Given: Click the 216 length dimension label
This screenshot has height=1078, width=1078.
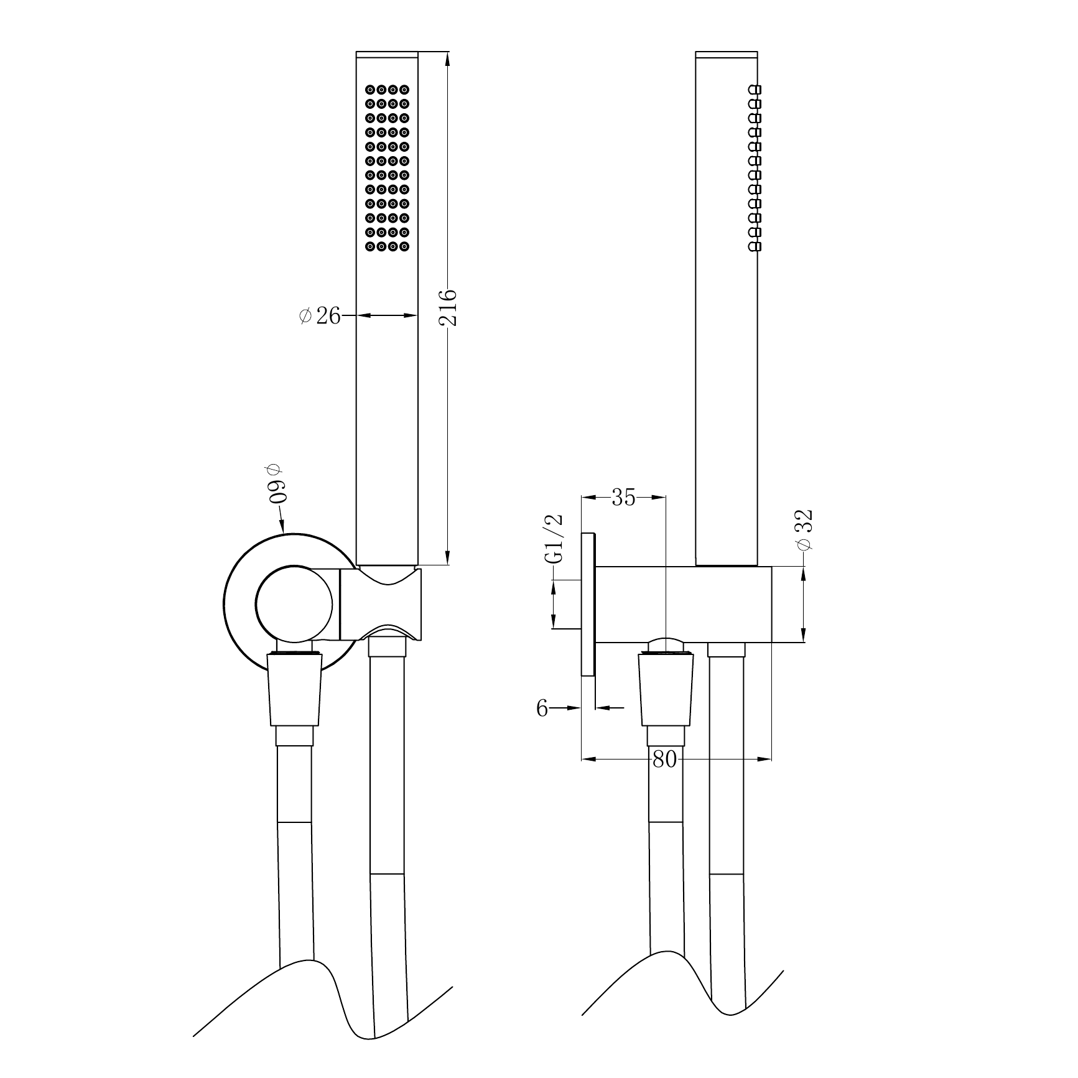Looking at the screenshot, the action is [x=448, y=307].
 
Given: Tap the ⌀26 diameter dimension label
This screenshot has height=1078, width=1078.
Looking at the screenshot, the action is [x=320, y=316].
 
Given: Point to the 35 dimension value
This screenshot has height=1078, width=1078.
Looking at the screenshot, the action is [x=623, y=497].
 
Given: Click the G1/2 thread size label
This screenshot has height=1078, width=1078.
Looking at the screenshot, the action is [x=554, y=539].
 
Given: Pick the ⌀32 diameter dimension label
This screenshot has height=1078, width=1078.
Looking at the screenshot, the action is [x=804, y=529].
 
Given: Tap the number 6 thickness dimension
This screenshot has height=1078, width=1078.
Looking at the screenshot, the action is [x=542, y=708].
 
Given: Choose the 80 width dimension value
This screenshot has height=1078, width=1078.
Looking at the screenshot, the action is [x=664, y=760].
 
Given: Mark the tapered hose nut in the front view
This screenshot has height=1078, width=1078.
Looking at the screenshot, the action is [x=295, y=688].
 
